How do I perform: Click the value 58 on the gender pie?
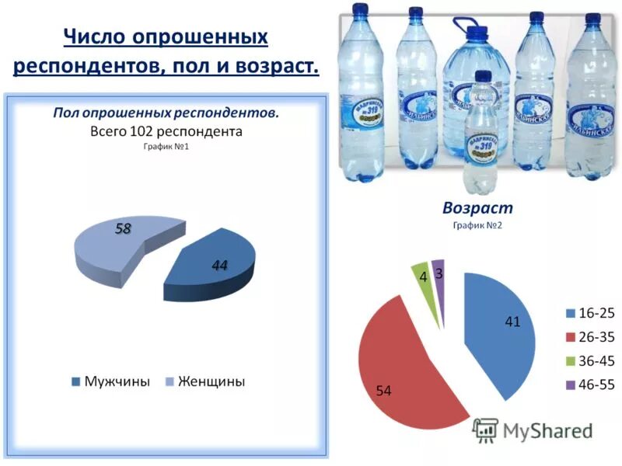coord(123,228)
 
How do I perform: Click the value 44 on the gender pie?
coord(219,266)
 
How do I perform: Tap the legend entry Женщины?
coord(204,381)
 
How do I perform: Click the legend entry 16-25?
coord(590,314)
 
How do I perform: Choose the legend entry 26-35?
coord(590,337)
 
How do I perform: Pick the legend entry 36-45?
coord(590,361)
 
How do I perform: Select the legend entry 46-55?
coord(590,384)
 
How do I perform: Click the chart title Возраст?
coord(477,208)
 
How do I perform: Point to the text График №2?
coord(477,225)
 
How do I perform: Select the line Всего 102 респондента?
coord(166,131)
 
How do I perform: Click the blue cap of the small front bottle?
coord(483,77)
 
